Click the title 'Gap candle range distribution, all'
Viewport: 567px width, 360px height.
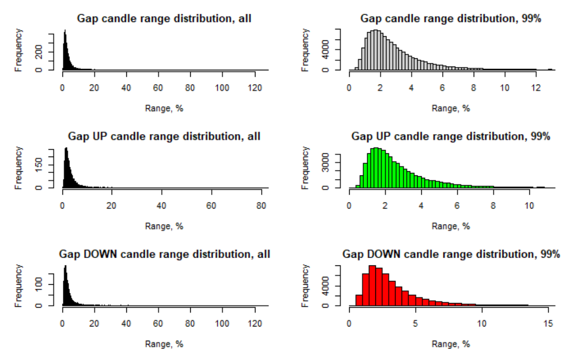164,19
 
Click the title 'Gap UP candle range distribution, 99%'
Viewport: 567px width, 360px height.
451,136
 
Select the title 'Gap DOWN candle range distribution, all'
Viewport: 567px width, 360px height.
164,254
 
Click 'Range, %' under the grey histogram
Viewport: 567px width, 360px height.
451,108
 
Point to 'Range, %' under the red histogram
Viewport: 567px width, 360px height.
451,344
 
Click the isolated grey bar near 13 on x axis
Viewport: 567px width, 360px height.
550,69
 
